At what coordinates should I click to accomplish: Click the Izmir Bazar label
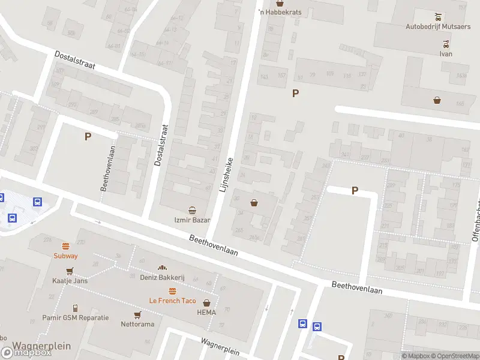point(192,220)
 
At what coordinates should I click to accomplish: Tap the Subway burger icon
point(65,246)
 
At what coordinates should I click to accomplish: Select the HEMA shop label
point(207,312)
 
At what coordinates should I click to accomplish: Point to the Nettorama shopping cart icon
point(137,315)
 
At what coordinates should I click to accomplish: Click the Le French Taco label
point(172,300)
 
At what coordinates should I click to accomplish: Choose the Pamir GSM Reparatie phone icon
point(76,308)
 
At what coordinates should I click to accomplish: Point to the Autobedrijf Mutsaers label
point(438,26)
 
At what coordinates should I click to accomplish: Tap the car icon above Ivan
point(445,44)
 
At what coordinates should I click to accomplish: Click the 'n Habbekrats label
point(279,12)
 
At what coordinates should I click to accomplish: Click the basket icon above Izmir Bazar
point(192,210)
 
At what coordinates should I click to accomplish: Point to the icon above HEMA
point(207,303)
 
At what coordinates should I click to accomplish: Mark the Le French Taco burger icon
point(172,291)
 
